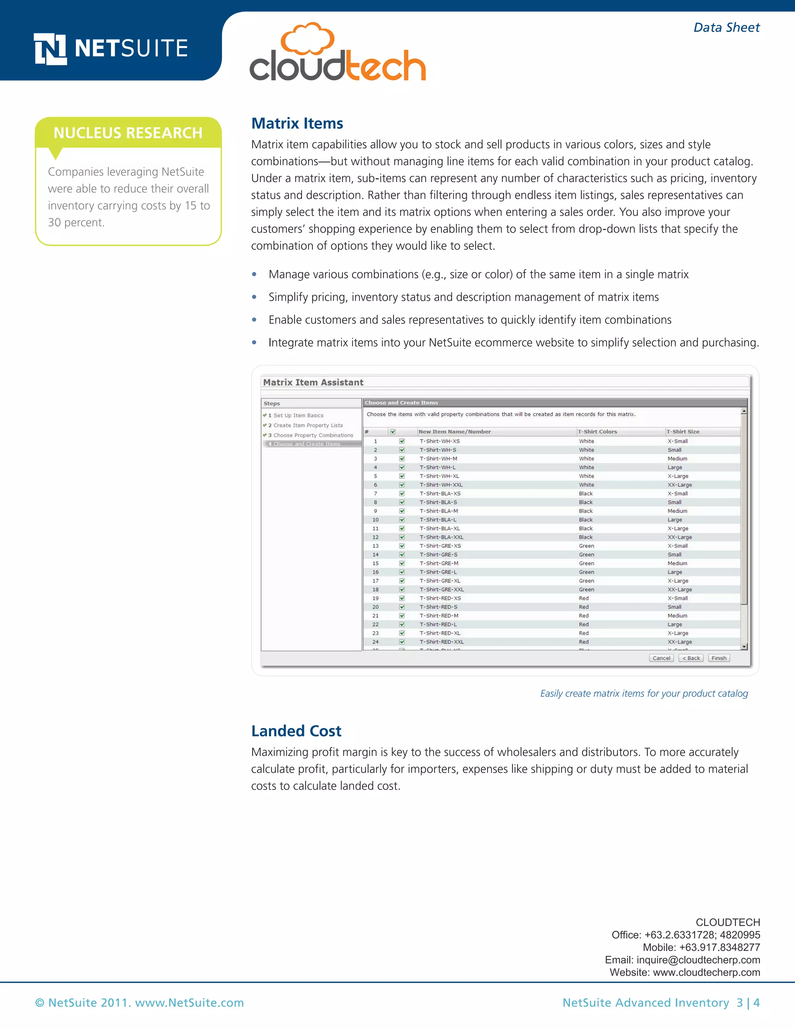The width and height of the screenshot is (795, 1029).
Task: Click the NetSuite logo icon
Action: coord(50,49)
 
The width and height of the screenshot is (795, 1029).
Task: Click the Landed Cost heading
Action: coord(296,731)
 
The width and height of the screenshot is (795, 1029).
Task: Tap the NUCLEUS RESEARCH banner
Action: coord(128,133)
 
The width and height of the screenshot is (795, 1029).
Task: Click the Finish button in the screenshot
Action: coord(719,658)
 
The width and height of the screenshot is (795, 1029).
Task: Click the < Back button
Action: coord(691,658)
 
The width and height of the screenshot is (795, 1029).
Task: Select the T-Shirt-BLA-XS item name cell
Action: coord(440,494)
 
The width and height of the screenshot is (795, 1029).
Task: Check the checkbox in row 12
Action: coord(402,537)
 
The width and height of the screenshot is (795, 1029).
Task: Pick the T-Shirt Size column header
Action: coord(682,431)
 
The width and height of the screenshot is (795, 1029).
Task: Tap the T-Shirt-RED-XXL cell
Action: coord(441,642)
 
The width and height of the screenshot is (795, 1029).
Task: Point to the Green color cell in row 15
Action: coord(587,563)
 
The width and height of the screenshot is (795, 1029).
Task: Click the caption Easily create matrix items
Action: coord(644,694)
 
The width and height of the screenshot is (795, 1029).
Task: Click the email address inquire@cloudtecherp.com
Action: coord(698,960)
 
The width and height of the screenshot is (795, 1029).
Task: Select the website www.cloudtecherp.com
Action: coord(706,972)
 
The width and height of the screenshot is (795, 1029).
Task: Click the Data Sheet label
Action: coord(726,28)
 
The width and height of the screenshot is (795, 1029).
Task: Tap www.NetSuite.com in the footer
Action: coord(189,1003)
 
